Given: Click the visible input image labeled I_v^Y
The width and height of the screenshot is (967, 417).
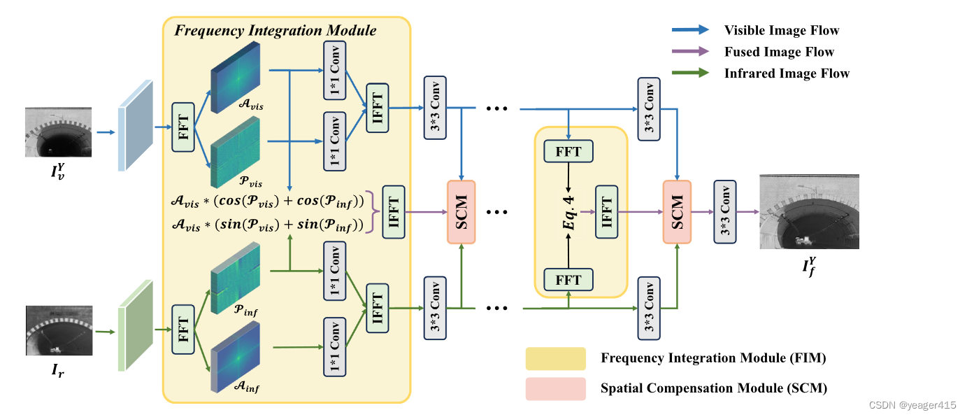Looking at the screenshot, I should [x=58, y=132].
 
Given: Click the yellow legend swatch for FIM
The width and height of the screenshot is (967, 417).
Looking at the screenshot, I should [x=555, y=359].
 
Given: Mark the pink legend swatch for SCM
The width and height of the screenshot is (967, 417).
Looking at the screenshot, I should [x=555, y=389].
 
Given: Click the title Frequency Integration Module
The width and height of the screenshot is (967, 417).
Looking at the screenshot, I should [x=275, y=31].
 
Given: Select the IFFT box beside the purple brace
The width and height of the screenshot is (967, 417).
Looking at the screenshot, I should [x=394, y=212].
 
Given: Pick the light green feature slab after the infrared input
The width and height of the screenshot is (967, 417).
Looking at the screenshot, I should [x=136, y=325].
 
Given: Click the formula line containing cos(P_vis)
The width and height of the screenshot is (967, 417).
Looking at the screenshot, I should [x=268, y=201].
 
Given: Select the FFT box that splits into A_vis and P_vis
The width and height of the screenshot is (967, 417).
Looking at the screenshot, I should [x=183, y=127].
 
